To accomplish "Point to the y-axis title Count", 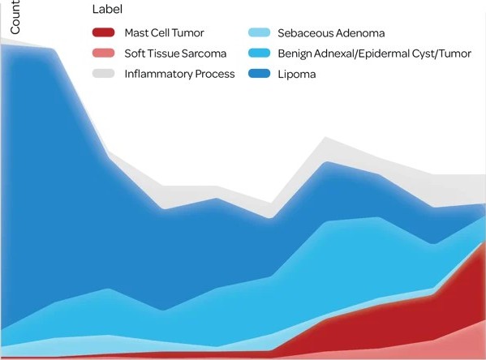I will tap(15, 17).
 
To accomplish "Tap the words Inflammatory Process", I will tap(179, 74).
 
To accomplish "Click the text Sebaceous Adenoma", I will tap(330, 33).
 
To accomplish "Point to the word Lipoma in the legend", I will tap(297, 74).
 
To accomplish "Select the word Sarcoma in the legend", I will tap(209, 54).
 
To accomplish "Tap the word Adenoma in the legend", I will tap(358, 33).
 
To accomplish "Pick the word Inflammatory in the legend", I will tap(157, 74).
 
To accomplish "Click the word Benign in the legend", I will tap(295, 54).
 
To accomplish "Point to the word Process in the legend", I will tap(214, 74).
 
